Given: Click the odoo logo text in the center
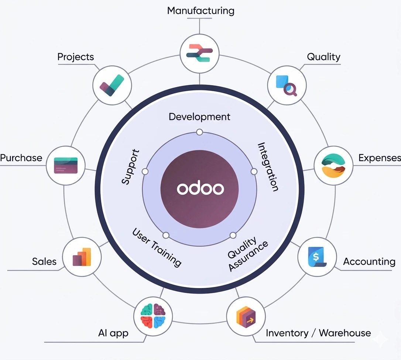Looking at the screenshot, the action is pyautogui.click(x=200, y=188).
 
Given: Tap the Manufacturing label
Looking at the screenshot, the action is pyautogui.click(x=201, y=11).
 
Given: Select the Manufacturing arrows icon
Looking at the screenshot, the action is pyautogui.click(x=199, y=53).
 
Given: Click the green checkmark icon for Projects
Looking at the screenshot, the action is pyautogui.click(x=112, y=85).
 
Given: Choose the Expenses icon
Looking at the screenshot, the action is pyautogui.click(x=333, y=166).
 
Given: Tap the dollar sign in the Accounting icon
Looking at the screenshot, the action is pyautogui.click(x=316, y=256).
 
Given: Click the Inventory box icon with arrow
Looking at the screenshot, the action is pyautogui.click(x=246, y=317).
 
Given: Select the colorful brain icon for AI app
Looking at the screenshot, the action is pyautogui.click(x=153, y=316).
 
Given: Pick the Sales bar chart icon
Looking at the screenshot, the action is pyautogui.click(x=82, y=257).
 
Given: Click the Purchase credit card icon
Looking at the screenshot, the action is pyautogui.click(x=66, y=165).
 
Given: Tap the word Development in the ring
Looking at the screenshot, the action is pyautogui.click(x=199, y=117).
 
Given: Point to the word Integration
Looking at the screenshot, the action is pyautogui.click(x=268, y=167).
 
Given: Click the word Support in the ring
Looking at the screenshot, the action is pyautogui.click(x=130, y=167).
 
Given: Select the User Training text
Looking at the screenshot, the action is pyautogui.click(x=157, y=247).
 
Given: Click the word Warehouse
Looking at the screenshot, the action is pyautogui.click(x=345, y=333).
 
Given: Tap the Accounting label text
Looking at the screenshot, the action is pyautogui.click(x=369, y=262).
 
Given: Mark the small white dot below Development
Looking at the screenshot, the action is pyautogui.click(x=199, y=132).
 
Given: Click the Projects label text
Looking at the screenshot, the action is pyautogui.click(x=75, y=57).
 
